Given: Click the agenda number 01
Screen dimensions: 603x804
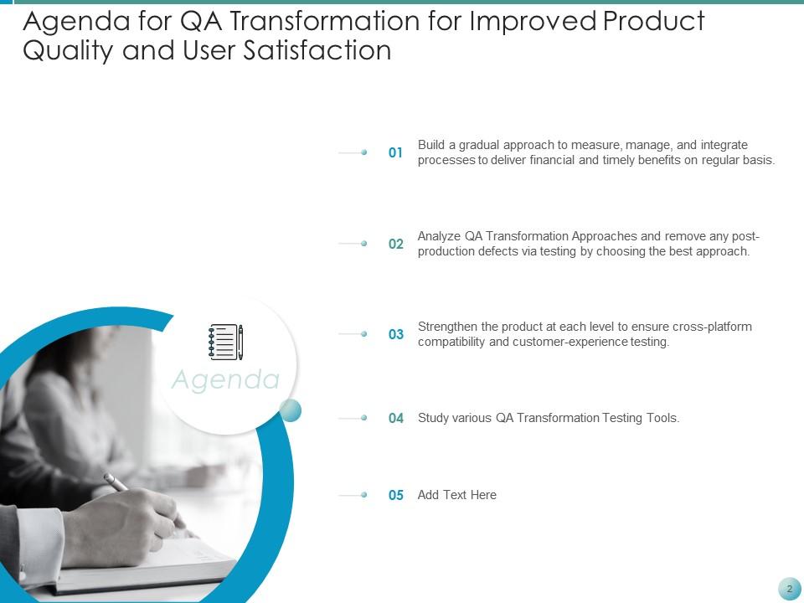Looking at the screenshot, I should point(396,153).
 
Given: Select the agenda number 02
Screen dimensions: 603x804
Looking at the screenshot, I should point(396,244).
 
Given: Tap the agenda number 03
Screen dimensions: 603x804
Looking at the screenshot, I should point(396,334).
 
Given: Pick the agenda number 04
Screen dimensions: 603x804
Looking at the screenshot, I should point(396,418).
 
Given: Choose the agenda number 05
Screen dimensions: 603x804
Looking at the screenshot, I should point(396,495).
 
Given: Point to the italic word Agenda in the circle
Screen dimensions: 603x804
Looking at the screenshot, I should point(225,379).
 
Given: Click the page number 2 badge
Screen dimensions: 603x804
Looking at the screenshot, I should point(789,589).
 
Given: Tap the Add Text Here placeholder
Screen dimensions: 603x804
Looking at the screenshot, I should point(456,495).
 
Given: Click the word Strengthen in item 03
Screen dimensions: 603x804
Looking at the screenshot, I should point(447,327).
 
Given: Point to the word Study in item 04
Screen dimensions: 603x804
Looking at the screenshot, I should point(433,418).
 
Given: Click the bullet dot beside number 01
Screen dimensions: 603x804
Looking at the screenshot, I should point(364,152).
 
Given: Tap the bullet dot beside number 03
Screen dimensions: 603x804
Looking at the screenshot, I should point(364,333).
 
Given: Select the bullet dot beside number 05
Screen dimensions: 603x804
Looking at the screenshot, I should point(364,495).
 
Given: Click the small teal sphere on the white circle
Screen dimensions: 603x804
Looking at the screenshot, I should point(290,410).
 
